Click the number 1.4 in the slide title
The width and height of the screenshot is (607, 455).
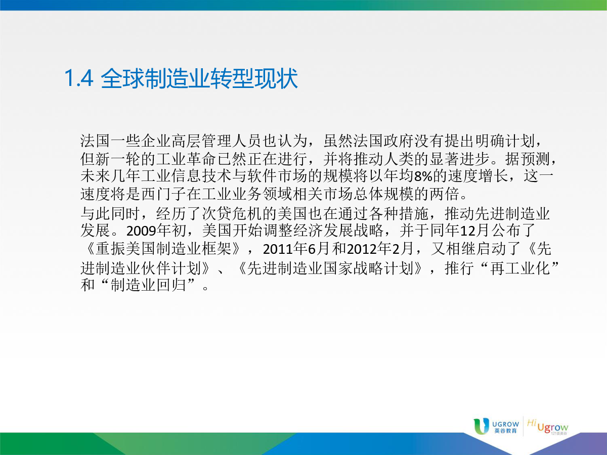pyautogui.click(x=79, y=79)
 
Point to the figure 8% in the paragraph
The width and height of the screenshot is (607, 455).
pyautogui.click(x=423, y=176)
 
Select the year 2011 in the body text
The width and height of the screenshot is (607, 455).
pyautogui.click(x=277, y=249)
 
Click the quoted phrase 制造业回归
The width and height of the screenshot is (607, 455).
pyautogui.click(x=148, y=285)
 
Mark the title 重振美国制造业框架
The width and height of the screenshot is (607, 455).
pyautogui.click(x=163, y=249)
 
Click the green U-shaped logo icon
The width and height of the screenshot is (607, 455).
pyautogui.click(x=481, y=426)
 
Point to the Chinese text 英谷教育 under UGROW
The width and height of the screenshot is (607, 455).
pyautogui.click(x=505, y=431)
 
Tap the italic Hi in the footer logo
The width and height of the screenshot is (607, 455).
pyautogui.click(x=532, y=423)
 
